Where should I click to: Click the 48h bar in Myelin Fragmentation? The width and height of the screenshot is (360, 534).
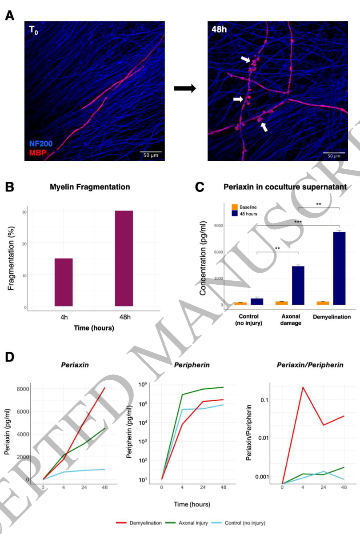click(124, 258)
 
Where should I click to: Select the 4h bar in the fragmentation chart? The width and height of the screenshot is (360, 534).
click(64, 282)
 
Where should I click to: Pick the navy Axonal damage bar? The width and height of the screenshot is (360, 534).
click(297, 285)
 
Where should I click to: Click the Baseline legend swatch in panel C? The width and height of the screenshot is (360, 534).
click(234, 207)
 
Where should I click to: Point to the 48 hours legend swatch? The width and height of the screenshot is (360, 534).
click(234, 214)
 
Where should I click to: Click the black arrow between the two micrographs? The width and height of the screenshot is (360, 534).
click(185, 88)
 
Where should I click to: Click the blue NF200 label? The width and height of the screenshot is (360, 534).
click(41, 144)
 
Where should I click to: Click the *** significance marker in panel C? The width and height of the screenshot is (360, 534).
click(297, 221)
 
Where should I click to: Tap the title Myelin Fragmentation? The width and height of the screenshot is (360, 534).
click(89, 187)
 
